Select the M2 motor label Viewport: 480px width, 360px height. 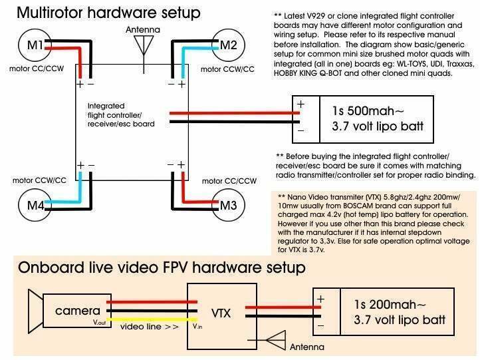tap(229, 45)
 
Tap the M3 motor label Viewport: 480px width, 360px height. tap(229, 205)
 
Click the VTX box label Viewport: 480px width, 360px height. tap(221, 313)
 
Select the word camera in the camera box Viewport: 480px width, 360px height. tap(77, 311)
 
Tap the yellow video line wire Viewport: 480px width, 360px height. tap(152, 319)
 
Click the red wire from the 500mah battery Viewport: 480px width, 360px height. tap(235, 113)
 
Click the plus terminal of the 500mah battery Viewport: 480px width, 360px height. tap(300, 104)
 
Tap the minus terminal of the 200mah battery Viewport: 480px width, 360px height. tap(320, 325)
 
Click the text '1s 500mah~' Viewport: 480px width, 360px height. tap(368, 110)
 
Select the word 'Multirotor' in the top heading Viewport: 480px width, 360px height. tap(49, 13)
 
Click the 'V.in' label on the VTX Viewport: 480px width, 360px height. tap(197, 327)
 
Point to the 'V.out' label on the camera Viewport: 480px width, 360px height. tap(99, 322)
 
